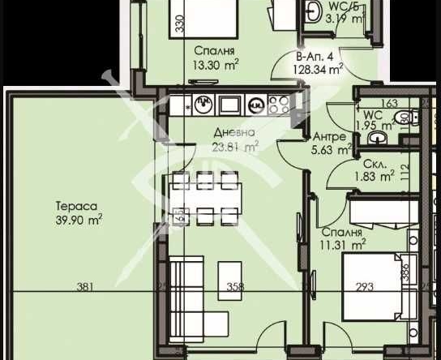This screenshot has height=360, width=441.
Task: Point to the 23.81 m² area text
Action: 235,147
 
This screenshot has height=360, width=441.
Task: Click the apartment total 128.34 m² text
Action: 318,70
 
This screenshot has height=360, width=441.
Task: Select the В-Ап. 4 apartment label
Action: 315,57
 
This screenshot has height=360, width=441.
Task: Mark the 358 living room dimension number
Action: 234,285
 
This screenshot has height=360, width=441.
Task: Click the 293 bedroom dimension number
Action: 358,285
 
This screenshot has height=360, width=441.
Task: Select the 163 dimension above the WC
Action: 388,103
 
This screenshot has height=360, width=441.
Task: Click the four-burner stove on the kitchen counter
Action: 280,103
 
